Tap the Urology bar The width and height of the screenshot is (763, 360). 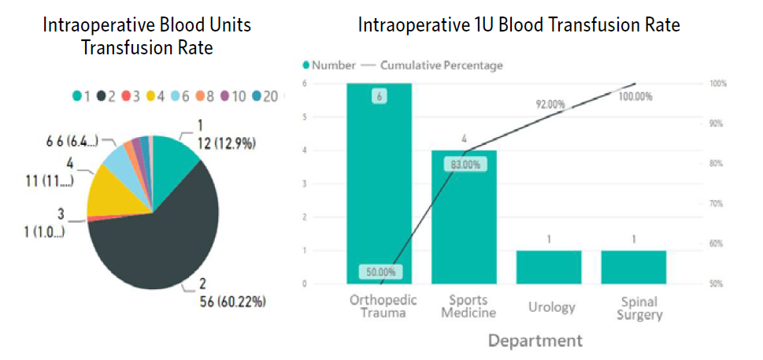tap(549, 267)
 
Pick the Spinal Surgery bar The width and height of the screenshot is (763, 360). tap(633, 267)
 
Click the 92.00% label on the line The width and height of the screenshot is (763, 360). tap(550, 104)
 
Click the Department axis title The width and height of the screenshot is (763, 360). tap(535, 340)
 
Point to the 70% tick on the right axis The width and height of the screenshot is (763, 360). tap(718, 203)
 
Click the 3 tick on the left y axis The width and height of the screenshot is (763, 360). tap(305, 184)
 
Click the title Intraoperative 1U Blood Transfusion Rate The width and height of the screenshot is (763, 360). tap(519, 25)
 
